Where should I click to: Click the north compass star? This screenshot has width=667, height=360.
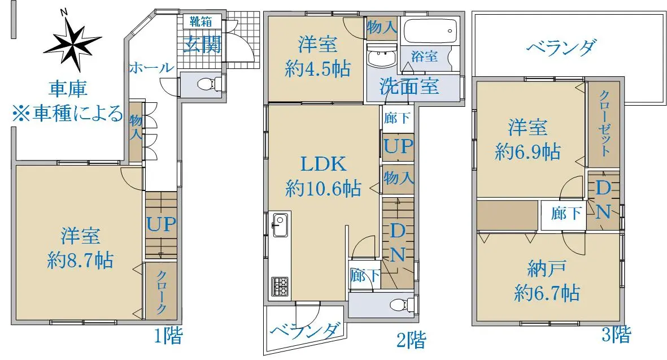[72, 44]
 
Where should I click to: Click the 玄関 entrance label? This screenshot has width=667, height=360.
[202, 44]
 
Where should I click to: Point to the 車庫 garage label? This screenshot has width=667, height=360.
[68, 88]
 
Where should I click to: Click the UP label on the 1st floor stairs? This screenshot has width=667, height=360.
[161, 224]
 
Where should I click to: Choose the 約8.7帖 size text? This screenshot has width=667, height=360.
[80, 260]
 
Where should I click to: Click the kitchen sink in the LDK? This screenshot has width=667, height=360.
[280, 224]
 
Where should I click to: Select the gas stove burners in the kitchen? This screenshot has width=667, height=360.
[280, 286]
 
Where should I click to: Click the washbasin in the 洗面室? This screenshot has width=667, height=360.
[381, 58]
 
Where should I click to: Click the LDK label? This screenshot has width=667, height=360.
[323, 163]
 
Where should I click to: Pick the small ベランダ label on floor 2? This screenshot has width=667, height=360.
[305, 331]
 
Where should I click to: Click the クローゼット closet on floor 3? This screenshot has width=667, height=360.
[604, 124]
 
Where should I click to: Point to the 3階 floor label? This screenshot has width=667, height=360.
[616, 335]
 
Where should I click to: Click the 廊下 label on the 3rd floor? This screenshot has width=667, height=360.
[566, 212]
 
